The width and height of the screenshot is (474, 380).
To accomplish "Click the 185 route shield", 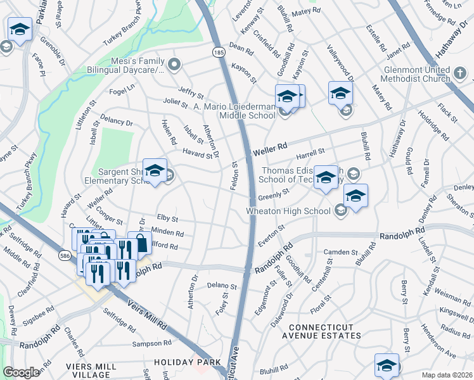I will (218, 51).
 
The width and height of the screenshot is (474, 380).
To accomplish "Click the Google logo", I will (22, 372).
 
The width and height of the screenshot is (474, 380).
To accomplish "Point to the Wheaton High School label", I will (289, 211).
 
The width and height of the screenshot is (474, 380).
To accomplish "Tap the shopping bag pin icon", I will (139, 243).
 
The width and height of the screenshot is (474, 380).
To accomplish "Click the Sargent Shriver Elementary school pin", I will (155, 170).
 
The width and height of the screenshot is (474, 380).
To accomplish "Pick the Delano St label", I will (222, 286).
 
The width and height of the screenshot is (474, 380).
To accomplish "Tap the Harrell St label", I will (310, 153).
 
